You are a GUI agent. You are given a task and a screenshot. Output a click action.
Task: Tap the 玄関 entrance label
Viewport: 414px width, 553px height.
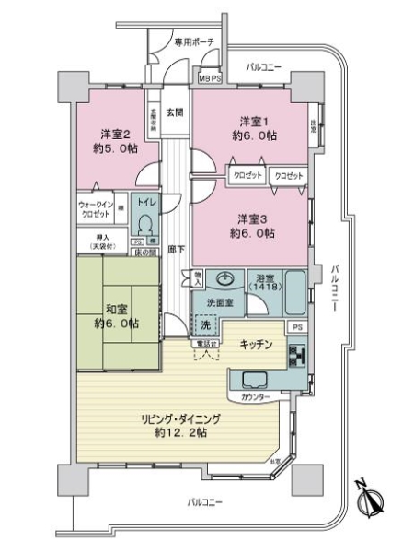click(x=175, y=113)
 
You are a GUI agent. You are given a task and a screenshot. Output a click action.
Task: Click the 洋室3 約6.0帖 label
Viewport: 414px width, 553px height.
click(x=250, y=226)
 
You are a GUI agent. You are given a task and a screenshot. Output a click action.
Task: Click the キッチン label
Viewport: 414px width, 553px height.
click(x=255, y=346)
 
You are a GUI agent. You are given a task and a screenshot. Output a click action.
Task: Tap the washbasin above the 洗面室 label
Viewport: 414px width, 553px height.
click(x=224, y=279)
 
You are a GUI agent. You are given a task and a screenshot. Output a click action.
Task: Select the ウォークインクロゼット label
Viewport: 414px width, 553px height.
click(x=94, y=208)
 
